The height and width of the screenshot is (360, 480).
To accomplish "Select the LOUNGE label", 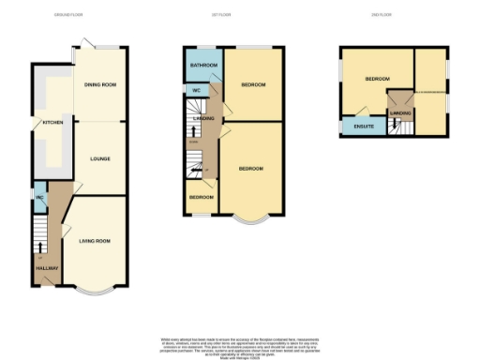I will click(99, 158).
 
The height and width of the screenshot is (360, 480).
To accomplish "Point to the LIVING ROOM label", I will click(94, 241).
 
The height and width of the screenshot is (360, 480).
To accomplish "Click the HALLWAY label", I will click(46, 269).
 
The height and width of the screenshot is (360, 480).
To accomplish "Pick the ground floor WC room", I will click(39, 198).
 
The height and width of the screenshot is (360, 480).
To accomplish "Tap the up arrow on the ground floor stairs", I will click(39, 246).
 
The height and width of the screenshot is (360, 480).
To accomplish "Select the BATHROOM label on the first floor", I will click(203, 66).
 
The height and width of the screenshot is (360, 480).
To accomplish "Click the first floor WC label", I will click(197, 90).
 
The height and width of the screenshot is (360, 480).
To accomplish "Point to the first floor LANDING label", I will click(203, 119).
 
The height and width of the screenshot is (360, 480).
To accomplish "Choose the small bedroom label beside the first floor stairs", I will click(201, 198).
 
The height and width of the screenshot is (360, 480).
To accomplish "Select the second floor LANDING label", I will click(400, 113).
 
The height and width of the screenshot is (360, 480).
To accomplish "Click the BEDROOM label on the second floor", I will click(378, 80).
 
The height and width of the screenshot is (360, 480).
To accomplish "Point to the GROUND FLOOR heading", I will click(68, 16).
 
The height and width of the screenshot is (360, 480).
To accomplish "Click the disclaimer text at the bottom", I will click(238, 344).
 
